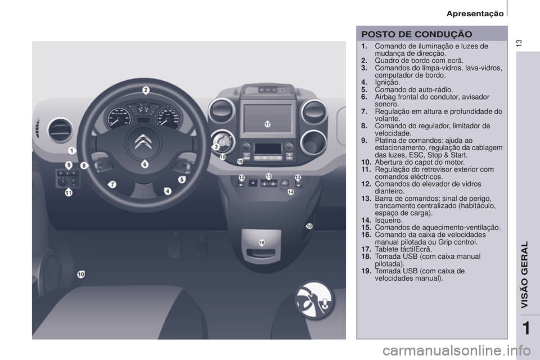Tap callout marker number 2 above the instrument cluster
[x=145, y=90]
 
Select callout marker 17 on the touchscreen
[x=267, y=124]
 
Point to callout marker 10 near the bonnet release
[x=81, y=274]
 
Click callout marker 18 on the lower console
[x=262, y=242]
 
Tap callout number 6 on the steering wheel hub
[x=145, y=164]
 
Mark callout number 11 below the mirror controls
[x=68, y=192]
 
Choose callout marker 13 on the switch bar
[x=269, y=177]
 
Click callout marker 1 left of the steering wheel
[x=72, y=151]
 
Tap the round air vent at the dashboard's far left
[x=59, y=128]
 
